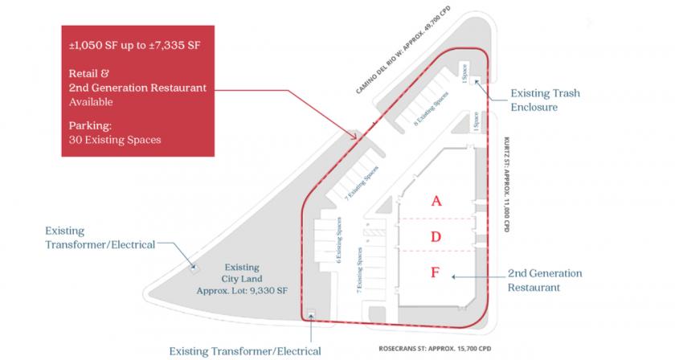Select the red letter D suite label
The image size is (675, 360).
pos(436,236)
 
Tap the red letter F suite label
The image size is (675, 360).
pos(435,272)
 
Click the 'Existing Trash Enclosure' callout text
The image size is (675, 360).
pos(546,100)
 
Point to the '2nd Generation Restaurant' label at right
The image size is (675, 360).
pos(545,279)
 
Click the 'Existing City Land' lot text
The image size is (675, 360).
pos(240,273)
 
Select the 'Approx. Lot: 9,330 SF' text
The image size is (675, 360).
pos(240,291)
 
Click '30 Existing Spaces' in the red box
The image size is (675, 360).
pos(115,139)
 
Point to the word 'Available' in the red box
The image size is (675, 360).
pos(91,102)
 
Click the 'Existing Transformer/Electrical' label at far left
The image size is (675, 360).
pos(98,237)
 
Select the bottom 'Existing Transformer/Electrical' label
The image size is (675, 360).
pos(245,350)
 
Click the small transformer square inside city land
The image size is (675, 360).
pos(194,268)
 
